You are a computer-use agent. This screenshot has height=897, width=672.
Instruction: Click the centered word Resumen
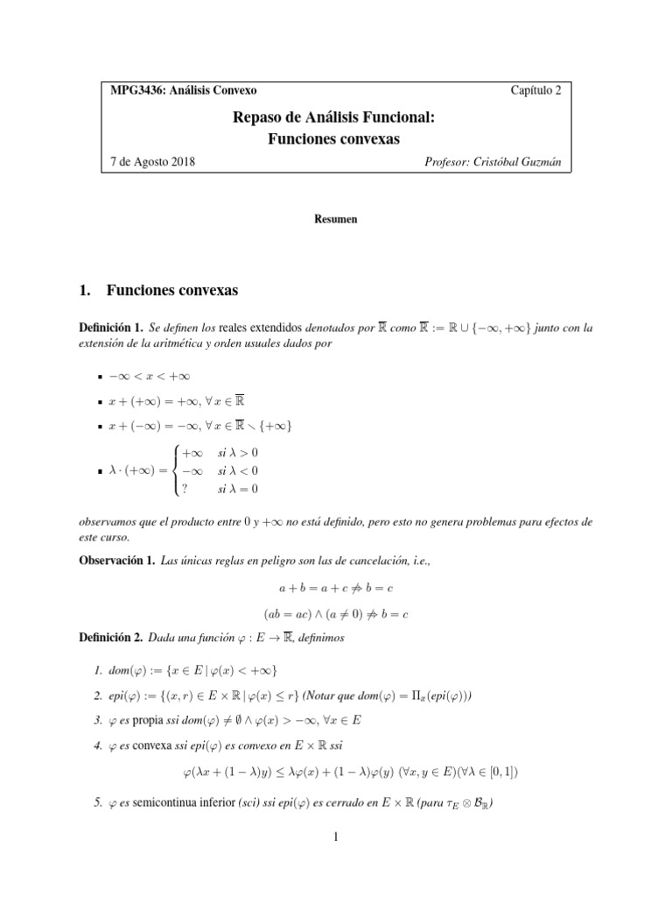click(x=336, y=219)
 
